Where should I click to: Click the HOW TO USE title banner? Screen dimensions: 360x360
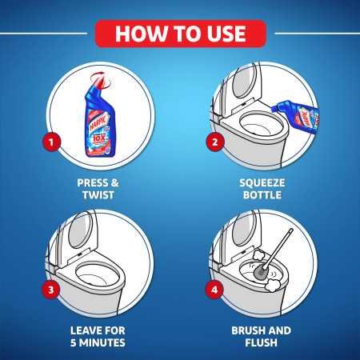point(179,34)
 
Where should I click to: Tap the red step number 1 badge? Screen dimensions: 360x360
point(53,143)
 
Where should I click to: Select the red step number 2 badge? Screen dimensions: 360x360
point(214,143)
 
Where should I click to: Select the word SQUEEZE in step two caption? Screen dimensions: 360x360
point(262,182)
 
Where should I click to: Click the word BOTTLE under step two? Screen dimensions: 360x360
point(262,194)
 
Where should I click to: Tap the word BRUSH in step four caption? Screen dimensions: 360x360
point(245,330)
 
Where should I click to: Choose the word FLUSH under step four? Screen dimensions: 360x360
point(262,342)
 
